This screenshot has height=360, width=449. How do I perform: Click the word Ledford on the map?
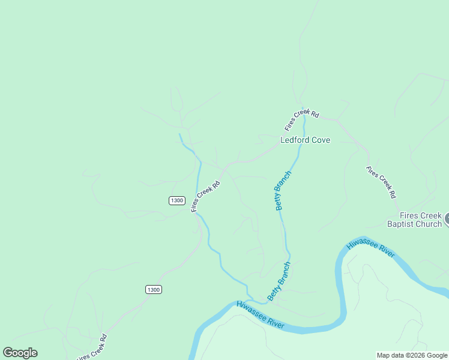(295, 140)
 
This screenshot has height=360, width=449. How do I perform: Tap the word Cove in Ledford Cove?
(320, 140)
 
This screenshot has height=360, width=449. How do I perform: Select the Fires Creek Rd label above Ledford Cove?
(301, 120)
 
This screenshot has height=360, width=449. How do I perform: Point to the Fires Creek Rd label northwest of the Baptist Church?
(381, 182)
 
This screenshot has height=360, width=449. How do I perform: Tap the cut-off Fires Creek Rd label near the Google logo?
(92, 348)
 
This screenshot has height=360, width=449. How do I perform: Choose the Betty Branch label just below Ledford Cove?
(283, 190)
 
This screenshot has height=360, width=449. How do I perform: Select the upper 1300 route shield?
(176, 200)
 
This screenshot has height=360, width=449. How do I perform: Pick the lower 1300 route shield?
(154, 289)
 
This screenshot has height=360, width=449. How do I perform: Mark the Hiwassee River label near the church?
(370, 248)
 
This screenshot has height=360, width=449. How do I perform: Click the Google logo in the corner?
(20, 353)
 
